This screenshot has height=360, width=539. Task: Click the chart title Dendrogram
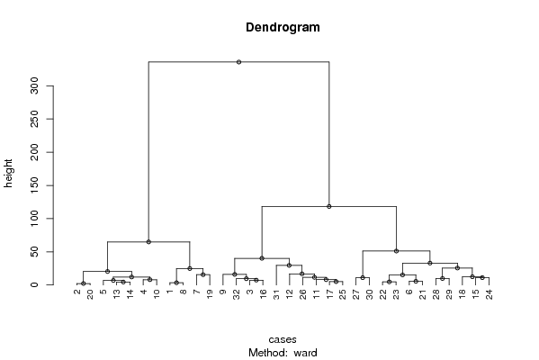283,28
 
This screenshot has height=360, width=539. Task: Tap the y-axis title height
8,174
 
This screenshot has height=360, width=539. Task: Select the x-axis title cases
283,339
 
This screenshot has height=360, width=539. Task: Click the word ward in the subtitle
305,353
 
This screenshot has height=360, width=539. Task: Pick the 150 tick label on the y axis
34,185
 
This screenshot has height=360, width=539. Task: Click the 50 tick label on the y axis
34,252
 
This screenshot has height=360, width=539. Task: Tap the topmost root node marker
239,62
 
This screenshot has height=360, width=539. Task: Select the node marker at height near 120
329,207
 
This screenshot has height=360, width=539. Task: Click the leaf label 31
276,294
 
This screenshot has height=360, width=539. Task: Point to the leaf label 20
90,294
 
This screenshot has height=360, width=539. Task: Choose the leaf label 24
490,294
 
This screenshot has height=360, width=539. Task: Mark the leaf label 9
223,292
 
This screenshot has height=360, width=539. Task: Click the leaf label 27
356,294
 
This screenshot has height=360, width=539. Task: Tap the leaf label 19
210,294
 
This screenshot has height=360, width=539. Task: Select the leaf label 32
237,294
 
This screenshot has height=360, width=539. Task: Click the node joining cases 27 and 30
363,277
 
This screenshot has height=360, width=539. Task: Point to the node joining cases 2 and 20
83,283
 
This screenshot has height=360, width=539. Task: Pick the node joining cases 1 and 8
176,283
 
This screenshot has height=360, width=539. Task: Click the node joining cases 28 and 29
443,278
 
